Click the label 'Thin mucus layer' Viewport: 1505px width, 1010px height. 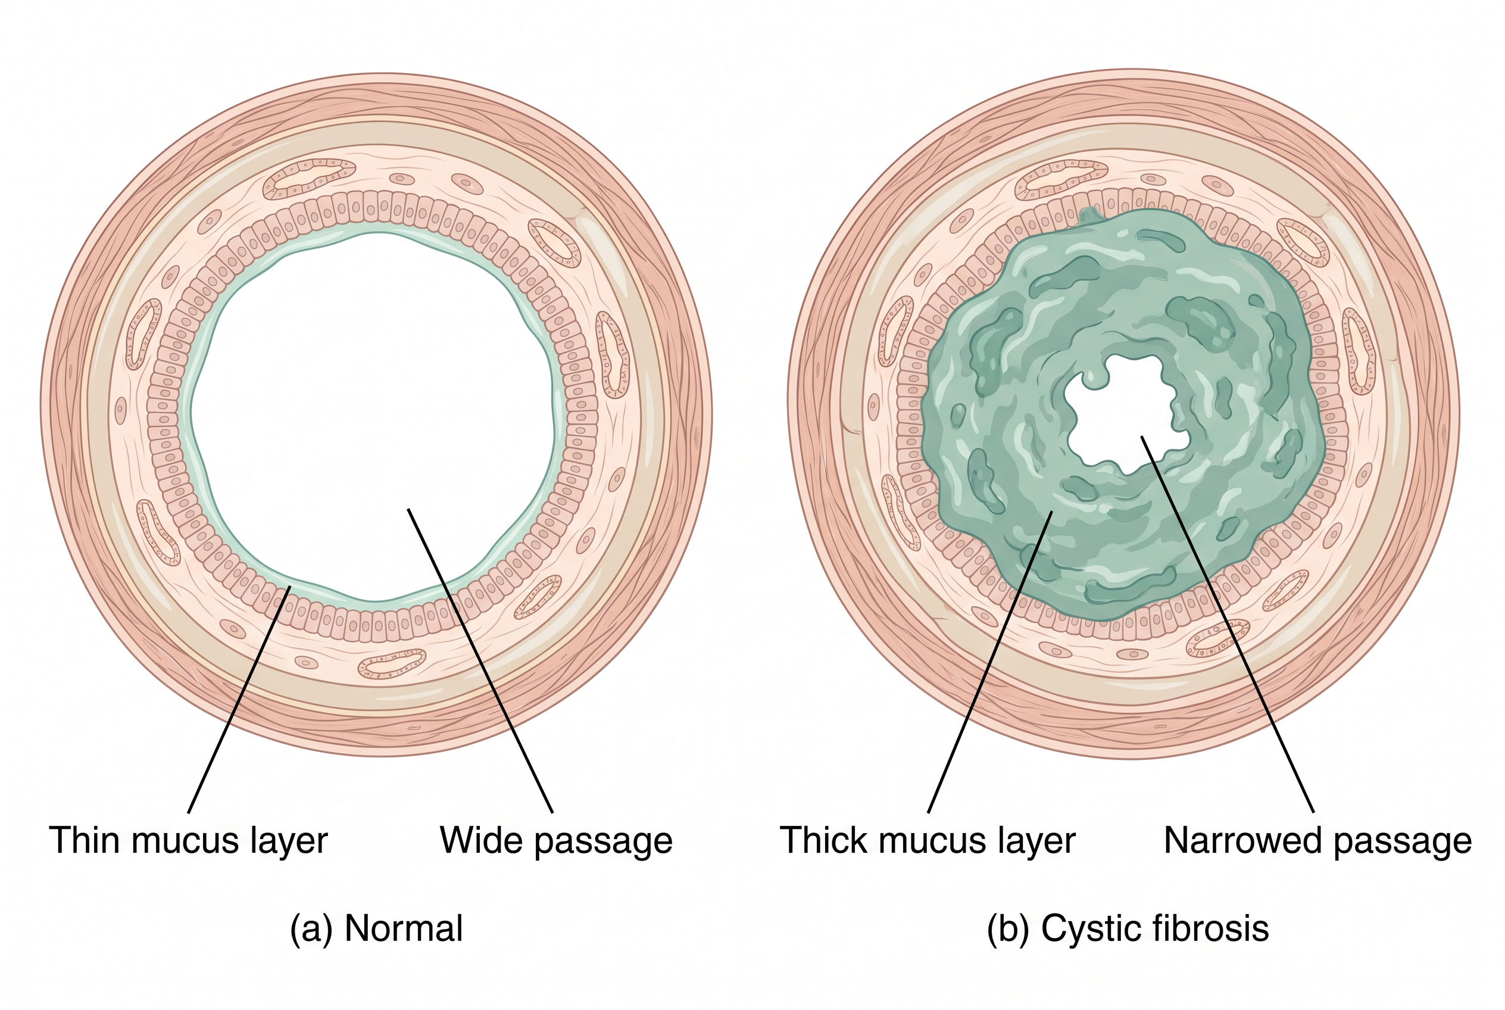pos(189,841)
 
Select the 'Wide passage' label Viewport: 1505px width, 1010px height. pos(557,841)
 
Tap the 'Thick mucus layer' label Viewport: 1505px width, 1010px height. pos(928,841)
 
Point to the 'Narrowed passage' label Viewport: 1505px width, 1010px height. pos(1317,841)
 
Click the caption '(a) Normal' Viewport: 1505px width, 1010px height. pos(377,929)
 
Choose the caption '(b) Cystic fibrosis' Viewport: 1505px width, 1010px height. pos(1128,929)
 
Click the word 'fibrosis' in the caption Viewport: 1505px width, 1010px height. pos(1210,928)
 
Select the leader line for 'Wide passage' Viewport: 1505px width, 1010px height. pos(480,660)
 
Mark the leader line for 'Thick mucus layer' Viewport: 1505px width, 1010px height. pos(990,662)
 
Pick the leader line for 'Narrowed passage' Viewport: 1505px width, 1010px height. pos(1228,624)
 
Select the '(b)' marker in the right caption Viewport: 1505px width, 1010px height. pos(1008,929)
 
